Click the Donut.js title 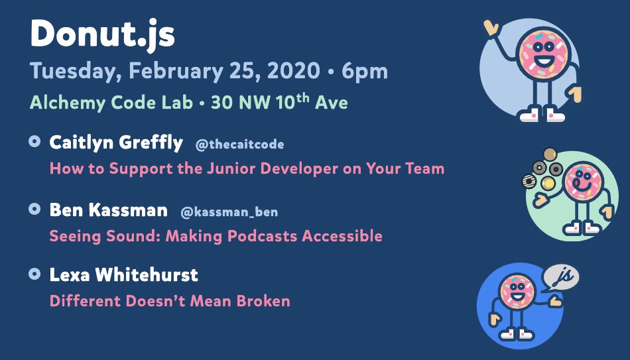pos(102,34)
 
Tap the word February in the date pos(175,72)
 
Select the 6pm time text pos(365,72)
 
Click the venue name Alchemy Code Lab pos(111,103)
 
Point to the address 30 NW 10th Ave pos(279,102)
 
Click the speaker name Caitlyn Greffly pos(116,143)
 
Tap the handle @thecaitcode pos(239,145)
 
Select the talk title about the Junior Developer pos(247,169)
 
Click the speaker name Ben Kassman pos(109,210)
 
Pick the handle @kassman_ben pos(229,211)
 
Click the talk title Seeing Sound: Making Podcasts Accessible pos(216,236)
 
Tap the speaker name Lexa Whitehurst pos(124,275)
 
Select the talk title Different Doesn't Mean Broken pos(170,301)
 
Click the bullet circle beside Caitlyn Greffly pos(34,141)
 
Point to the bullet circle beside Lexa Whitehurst pos(34,274)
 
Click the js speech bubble pos(561,277)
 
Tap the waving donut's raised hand pos(491,28)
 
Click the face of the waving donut pos(543,54)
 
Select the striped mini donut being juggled pos(529,182)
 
